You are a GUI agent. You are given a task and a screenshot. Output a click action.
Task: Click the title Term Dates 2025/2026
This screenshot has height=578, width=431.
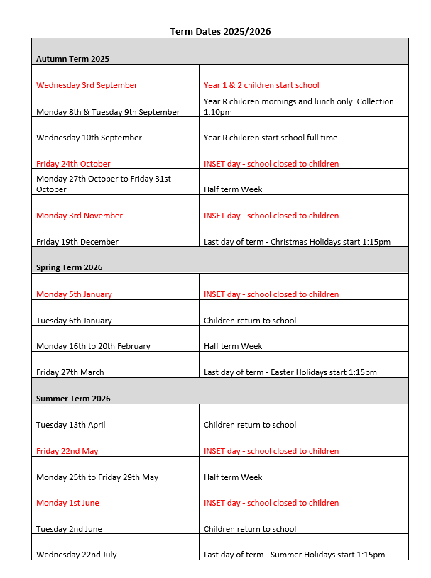[x=220, y=31]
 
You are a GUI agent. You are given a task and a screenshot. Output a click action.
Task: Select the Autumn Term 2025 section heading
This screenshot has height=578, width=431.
[x=72, y=59]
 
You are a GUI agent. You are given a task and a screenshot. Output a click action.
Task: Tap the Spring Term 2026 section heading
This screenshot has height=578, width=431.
[x=69, y=267]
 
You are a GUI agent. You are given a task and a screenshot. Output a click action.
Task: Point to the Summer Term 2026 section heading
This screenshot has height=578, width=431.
[x=73, y=399]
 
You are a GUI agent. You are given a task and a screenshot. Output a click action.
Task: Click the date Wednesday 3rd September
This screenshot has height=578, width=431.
[x=87, y=85]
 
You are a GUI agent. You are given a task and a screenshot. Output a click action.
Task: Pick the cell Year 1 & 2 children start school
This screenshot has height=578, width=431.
[x=261, y=85]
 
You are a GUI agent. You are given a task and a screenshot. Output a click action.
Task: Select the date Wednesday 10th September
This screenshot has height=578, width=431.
[x=89, y=138]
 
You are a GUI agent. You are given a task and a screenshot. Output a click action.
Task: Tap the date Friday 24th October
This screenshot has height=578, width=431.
[x=73, y=164]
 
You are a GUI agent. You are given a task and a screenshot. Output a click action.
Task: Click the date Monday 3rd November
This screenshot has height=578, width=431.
[x=80, y=216]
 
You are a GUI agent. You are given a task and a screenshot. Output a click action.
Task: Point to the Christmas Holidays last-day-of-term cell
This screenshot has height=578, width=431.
[x=297, y=242]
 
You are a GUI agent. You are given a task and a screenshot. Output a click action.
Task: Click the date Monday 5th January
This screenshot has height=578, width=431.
[x=74, y=294]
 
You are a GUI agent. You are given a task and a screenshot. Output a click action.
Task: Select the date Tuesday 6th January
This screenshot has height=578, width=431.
[x=74, y=321]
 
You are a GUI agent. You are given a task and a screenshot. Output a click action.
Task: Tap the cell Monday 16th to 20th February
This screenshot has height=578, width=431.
[x=93, y=346]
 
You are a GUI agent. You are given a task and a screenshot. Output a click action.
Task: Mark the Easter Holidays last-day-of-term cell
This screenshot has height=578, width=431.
[x=290, y=372]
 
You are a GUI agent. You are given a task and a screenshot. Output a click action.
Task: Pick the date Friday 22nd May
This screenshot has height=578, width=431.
[x=67, y=451]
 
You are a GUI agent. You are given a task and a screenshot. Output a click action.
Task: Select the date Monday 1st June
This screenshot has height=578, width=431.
[x=67, y=503]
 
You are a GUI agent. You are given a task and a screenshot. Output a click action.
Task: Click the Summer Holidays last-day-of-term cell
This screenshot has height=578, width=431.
[x=294, y=555]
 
